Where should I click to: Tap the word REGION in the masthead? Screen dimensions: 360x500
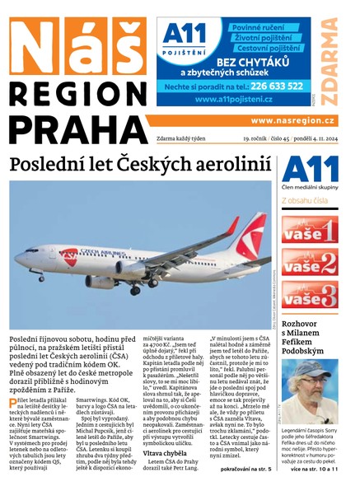[x=72, y=92]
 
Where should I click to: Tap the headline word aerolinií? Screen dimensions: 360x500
[x=233, y=164]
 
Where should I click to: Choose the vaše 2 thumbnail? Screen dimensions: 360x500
[x=310, y=262]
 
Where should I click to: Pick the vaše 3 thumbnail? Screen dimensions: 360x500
[x=310, y=294]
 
